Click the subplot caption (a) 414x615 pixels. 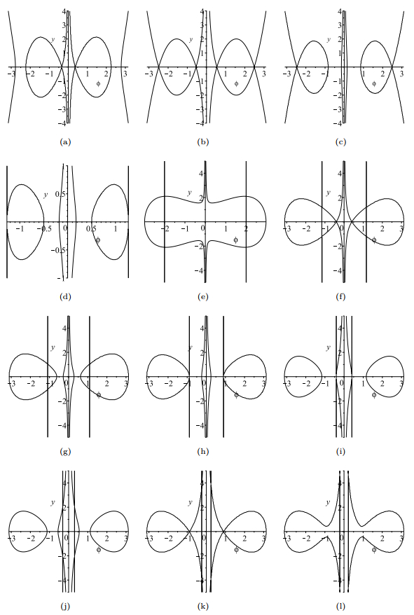click(x=65, y=142)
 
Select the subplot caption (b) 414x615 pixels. click(x=203, y=142)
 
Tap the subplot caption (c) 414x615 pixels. click(x=340, y=142)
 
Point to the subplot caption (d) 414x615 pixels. click(x=65, y=297)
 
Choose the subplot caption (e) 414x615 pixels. click(x=203, y=297)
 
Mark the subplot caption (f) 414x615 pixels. click(x=340, y=297)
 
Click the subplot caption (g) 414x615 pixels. click(x=65, y=452)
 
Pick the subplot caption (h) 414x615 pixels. click(x=203, y=452)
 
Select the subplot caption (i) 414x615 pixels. click(x=340, y=452)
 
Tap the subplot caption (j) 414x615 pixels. click(x=65, y=607)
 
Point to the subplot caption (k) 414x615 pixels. click(x=203, y=607)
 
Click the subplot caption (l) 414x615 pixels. click(x=340, y=607)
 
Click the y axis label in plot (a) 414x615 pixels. click(x=53, y=39)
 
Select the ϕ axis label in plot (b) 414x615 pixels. click(x=236, y=83)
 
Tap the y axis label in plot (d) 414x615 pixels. click(x=46, y=195)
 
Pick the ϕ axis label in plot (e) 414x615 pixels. click(x=235, y=240)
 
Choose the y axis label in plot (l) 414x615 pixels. click(x=329, y=502)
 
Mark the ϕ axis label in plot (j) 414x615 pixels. click(x=99, y=550)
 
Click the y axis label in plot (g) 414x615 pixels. click(x=53, y=347)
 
